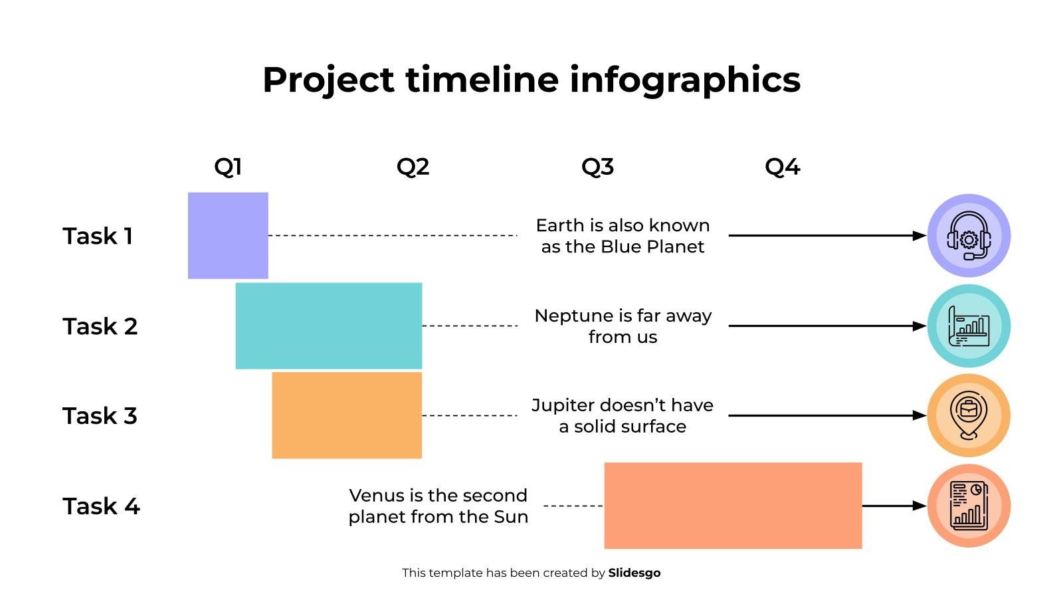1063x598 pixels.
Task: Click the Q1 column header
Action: pos(228,166)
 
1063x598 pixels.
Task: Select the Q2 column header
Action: pos(413,166)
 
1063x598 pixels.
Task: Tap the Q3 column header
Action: pos(597,166)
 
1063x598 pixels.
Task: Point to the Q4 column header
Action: pos(782,166)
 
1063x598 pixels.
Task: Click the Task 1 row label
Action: pos(98,236)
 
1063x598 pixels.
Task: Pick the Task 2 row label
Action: pos(100,326)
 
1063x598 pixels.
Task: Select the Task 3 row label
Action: pos(100,416)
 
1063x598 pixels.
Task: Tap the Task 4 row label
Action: pos(101,506)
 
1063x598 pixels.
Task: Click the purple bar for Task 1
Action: pos(228,235)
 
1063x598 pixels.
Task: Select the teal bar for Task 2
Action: pos(329,326)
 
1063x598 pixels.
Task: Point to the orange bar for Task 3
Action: pos(347,415)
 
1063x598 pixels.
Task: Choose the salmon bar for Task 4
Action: pos(733,506)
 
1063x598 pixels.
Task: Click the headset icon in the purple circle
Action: pos(969,236)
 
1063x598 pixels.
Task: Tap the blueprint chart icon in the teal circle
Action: pos(969,326)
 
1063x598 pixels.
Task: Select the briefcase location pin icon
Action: pos(969,416)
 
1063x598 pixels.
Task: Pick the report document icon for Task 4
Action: pos(969,506)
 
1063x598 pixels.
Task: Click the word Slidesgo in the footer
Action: pos(634,573)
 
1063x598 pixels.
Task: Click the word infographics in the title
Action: pos(685,80)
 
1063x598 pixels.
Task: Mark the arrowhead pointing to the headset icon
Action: pos(919,236)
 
